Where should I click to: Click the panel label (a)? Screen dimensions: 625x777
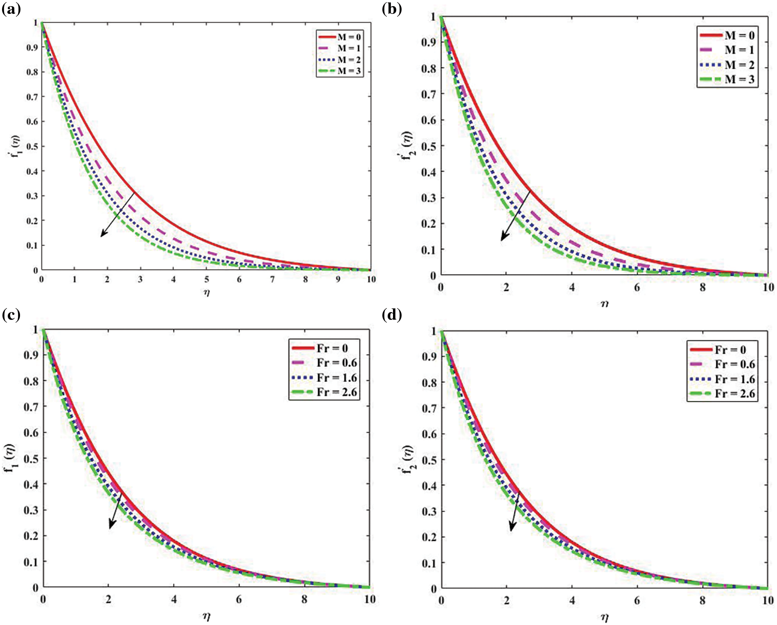point(11,9)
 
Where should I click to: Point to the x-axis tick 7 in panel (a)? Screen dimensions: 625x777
point(272,280)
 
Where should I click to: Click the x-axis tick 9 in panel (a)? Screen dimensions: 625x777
point(338,280)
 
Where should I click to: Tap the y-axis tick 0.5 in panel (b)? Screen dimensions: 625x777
point(429,146)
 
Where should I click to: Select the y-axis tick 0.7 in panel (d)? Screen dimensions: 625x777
point(429,408)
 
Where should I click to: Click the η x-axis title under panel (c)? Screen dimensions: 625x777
point(207,616)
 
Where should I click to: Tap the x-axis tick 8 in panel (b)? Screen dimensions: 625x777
point(703,288)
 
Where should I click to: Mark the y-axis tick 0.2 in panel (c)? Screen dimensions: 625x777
point(31,536)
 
